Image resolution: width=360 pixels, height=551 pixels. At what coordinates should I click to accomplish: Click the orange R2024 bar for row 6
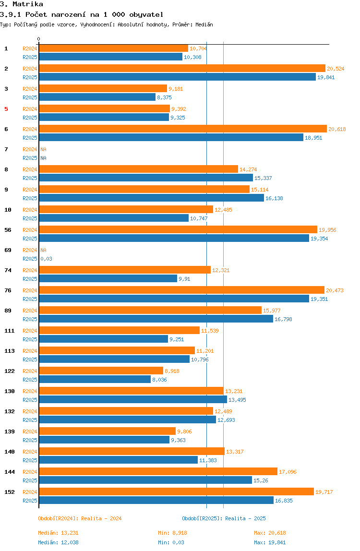coord(182,129)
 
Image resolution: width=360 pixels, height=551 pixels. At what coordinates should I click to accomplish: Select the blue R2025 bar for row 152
coord(156,500)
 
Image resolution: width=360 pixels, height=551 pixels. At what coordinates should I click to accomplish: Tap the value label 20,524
coord(336,69)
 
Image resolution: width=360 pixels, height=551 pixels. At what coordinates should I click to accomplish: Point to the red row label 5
coord(6,109)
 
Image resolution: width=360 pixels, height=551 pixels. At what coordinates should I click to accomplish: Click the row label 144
coord(10,472)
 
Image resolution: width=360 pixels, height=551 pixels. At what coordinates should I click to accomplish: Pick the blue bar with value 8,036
coord(95,379)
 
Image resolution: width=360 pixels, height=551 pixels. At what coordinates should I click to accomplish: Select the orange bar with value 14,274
coord(138,169)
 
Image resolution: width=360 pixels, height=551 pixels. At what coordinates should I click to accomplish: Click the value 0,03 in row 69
coord(46,259)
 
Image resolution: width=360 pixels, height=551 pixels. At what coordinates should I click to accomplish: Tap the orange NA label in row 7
coord(43,149)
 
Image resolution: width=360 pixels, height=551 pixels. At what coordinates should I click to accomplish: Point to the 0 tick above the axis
coord(39,39)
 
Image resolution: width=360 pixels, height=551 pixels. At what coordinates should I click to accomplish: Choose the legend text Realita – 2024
coord(101,518)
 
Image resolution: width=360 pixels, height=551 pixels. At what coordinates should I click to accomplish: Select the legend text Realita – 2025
coord(245,518)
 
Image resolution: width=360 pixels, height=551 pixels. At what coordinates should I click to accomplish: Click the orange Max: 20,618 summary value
coord(270,533)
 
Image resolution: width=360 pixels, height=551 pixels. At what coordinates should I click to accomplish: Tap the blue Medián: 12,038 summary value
coord(54,542)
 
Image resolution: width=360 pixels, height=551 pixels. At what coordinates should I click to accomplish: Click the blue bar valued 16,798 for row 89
coord(156,319)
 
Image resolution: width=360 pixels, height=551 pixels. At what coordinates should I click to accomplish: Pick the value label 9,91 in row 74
coord(184,279)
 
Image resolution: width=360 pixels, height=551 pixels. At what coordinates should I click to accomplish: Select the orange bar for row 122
coord(101,371)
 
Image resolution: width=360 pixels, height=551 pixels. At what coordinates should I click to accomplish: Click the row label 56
coord(8,230)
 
